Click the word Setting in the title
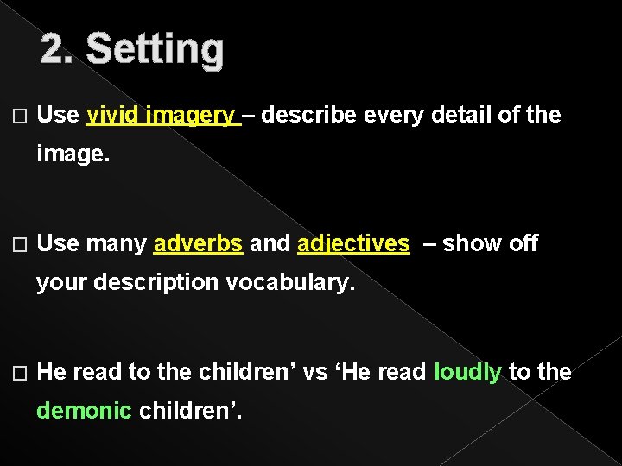pyautogui.click(x=155, y=50)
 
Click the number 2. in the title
pyautogui.click(x=59, y=50)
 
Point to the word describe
pyautogui.click(x=308, y=115)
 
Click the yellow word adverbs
pyautogui.click(x=198, y=244)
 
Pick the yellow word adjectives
pyautogui.click(x=353, y=244)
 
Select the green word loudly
pyautogui.click(x=467, y=372)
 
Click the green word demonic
pyautogui.click(x=84, y=411)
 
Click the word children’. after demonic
pyautogui.click(x=191, y=411)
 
